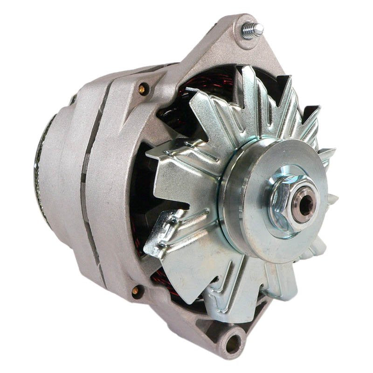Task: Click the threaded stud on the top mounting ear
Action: pyautogui.click(x=252, y=30)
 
